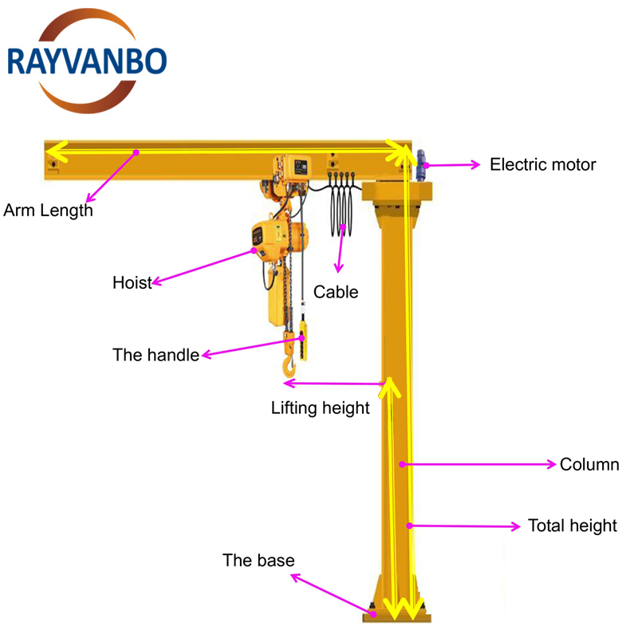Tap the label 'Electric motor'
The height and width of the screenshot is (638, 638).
pyautogui.click(x=542, y=165)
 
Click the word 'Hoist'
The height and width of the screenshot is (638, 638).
pyautogui.click(x=132, y=282)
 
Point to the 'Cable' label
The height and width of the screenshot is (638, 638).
pyautogui.click(x=336, y=292)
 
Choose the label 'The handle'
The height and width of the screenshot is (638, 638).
pyautogui.click(x=156, y=355)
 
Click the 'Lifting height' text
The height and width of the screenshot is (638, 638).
pyautogui.click(x=320, y=408)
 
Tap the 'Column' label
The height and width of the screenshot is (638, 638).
pyautogui.click(x=589, y=464)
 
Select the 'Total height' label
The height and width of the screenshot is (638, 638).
pyautogui.click(x=572, y=526)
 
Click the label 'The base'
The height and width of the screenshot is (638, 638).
pyautogui.click(x=258, y=561)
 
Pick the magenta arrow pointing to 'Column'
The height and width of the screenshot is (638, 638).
pyautogui.click(x=478, y=463)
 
